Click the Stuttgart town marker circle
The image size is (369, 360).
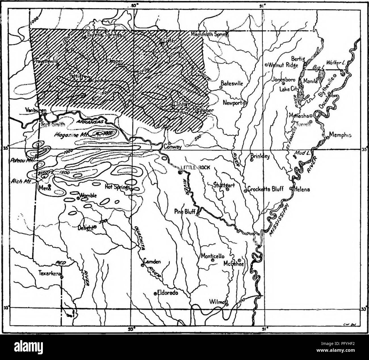pos(227,190)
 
